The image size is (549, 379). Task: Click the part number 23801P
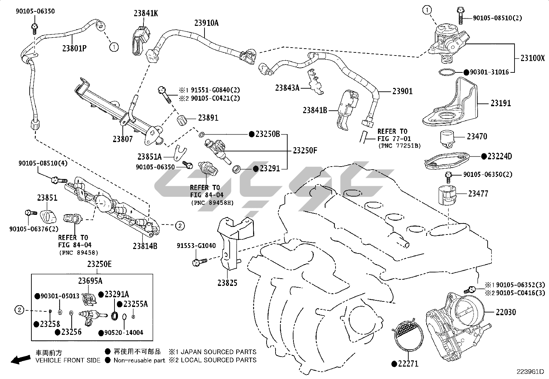pyautogui.click(x=74, y=48)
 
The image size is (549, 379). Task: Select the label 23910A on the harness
pyautogui.click(x=206, y=23)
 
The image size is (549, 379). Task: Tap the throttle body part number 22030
pyautogui.click(x=506, y=312)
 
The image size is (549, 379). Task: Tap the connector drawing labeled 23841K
pyautogui.click(x=140, y=40)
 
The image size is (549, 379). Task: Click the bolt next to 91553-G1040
pyautogui.click(x=199, y=262)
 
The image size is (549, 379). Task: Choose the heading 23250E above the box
pyautogui.click(x=99, y=264)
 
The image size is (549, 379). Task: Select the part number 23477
pyautogui.click(x=478, y=194)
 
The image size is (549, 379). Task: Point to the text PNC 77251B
pyautogui.click(x=399, y=146)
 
